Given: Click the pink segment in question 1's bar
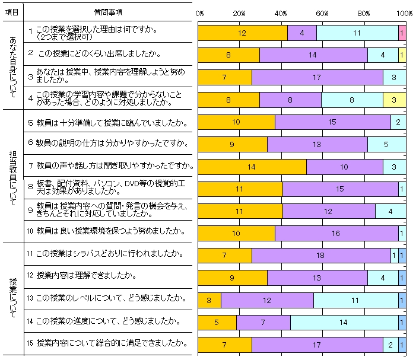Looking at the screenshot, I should [x=402, y=33].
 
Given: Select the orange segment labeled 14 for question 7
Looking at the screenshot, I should [x=252, y=167].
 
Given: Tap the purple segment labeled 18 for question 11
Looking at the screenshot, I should [x=321, y=256].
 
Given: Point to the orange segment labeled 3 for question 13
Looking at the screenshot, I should [x=209, y=300].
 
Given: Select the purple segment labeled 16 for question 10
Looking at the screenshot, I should [x=336, y=234].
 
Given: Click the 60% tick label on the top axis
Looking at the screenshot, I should [x=322, y=12].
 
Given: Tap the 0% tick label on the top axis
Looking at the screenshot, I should [x=199, y=12].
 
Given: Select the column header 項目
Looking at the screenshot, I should [x=12, y=12].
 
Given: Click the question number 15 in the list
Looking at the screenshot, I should [x=30, y=343].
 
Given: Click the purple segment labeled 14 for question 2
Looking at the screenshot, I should [x=313, y=56].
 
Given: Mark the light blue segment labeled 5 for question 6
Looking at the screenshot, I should [x=386, y=145].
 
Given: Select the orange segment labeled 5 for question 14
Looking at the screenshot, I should [x=217, y=323].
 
